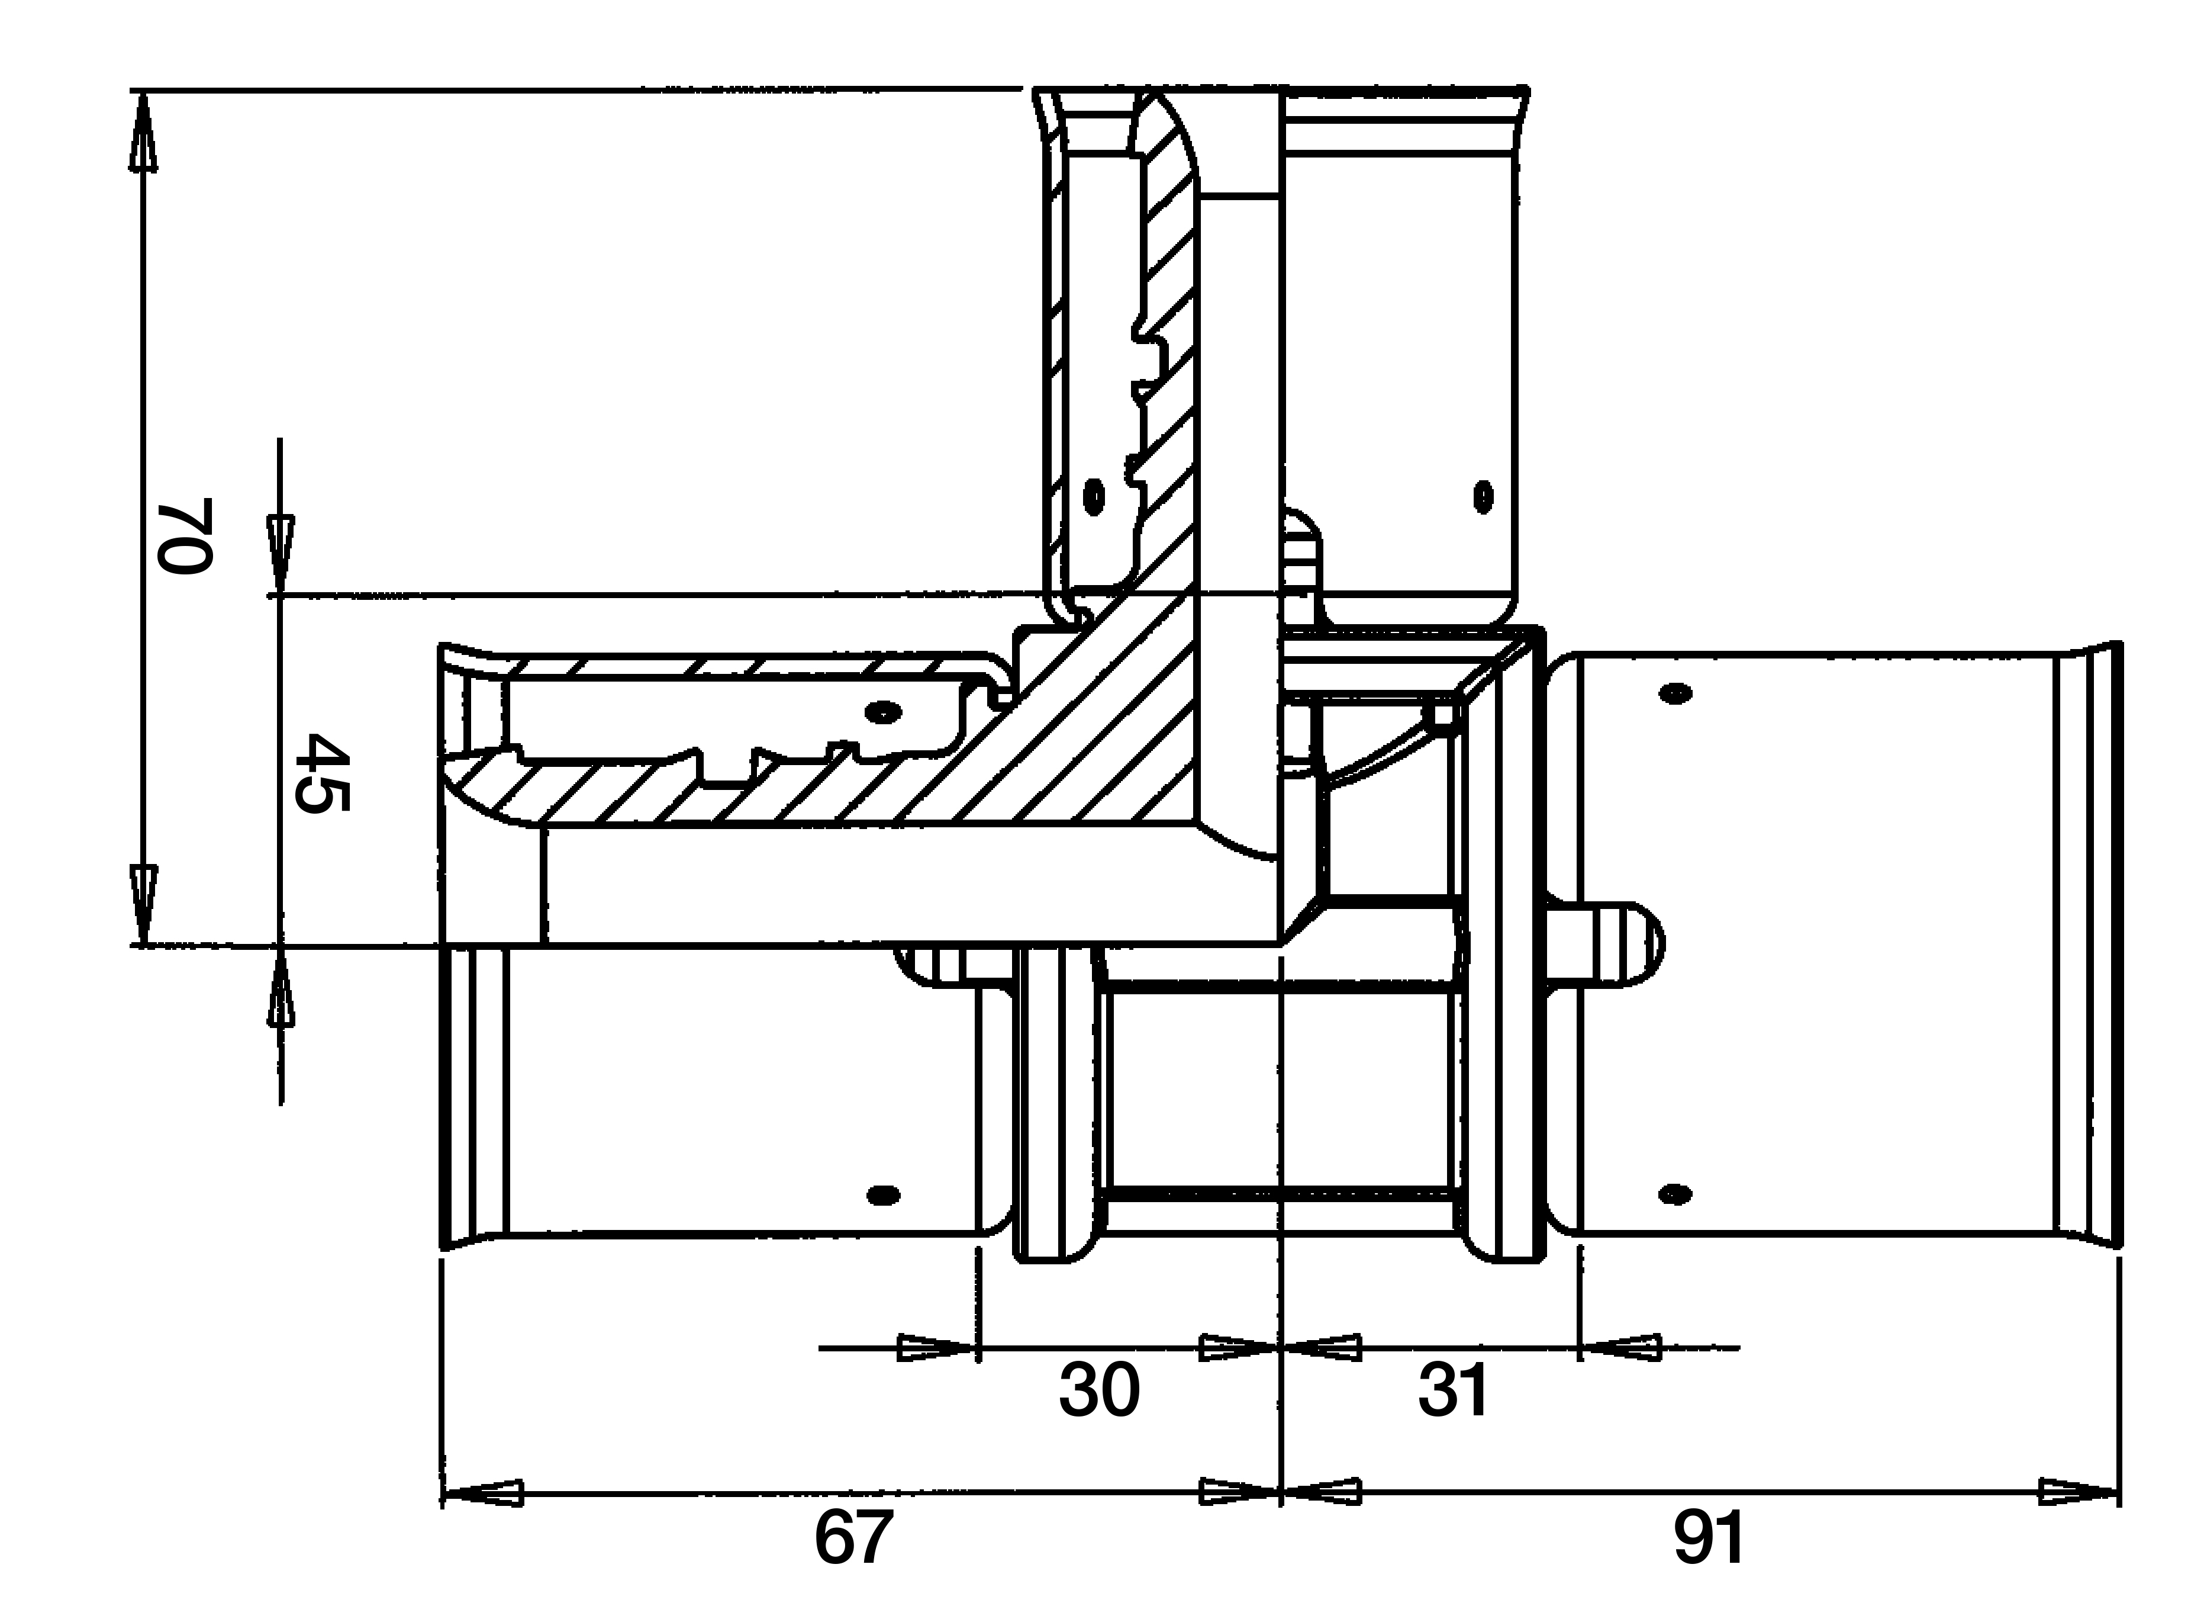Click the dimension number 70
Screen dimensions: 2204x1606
(x=185, y=536)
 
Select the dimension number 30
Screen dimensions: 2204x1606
(x=1099, y=1390)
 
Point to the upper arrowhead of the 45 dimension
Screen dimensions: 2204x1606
(x=281, y=555)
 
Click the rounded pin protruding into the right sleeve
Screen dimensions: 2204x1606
(x=1606, y=943)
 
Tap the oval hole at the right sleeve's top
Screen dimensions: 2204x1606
(x=1675, y=693)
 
